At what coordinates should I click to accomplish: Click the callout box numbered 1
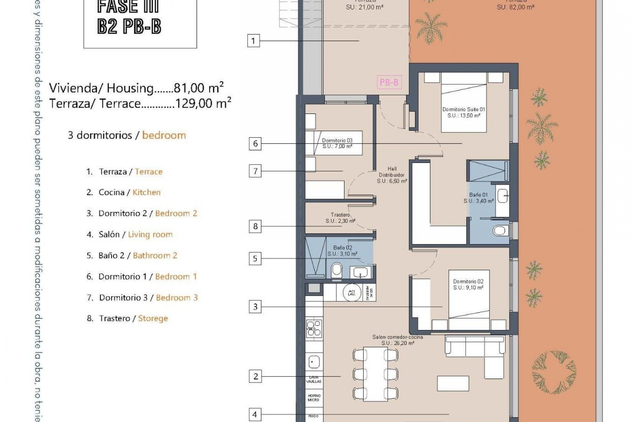(253, 41)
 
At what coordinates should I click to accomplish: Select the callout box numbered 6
(255, 144)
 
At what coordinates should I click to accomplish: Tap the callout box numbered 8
(255, 226)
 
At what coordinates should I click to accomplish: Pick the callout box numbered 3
(255, 307)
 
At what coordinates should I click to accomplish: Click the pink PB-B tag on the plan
(389, 82)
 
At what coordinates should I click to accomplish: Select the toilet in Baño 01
(500, 230)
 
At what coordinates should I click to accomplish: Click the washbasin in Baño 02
(360, 272)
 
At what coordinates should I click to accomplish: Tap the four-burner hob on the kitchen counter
(314, 328)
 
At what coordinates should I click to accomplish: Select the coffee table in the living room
(453, 383)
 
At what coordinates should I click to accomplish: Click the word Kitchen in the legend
(146, 192)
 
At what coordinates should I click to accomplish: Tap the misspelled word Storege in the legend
(153, 318)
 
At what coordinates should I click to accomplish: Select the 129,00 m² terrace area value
(203, 104)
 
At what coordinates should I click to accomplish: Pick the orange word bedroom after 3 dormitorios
(164, 135)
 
